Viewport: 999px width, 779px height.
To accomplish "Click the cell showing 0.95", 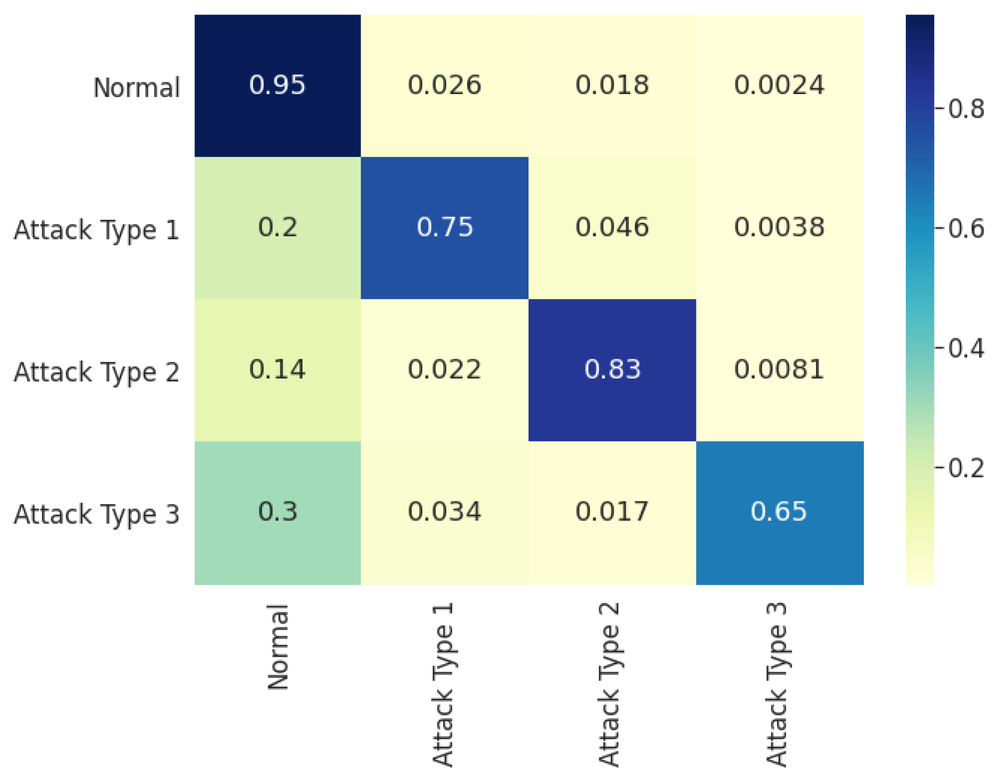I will [277, 85].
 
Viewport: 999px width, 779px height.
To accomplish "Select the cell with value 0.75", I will [444, 227].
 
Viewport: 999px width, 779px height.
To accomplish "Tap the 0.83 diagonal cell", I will [612, 370].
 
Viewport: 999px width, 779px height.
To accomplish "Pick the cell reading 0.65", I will [779, 512].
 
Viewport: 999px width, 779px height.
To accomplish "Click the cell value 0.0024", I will [779, 85].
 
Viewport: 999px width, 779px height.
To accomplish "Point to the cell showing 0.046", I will [612, 227].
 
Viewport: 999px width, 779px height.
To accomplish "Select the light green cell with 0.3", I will [277, 512].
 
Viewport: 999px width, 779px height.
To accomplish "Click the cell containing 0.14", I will [277, 370].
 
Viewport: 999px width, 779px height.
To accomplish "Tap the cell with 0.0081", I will [779, 370].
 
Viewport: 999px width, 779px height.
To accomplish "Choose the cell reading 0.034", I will [444, 512].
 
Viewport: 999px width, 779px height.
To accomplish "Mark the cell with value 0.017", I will [612, 512].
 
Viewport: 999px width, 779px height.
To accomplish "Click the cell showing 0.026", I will [444, 85].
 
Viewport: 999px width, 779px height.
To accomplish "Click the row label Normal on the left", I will [136, 88].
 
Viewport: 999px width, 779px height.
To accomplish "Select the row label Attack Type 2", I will [96, 373].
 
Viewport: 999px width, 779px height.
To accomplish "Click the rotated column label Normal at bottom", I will [278, 647].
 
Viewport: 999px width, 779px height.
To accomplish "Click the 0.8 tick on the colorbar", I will [966, 109].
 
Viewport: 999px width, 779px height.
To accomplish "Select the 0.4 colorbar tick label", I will [966, 349].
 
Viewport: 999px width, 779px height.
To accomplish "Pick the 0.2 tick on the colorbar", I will [966, 468].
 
